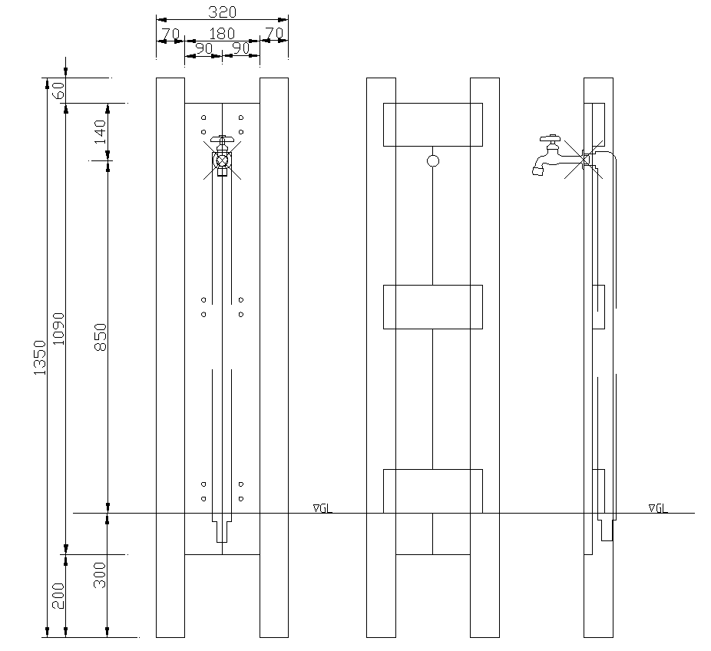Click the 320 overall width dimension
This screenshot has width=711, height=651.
click(222, 12)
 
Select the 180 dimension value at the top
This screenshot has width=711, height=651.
click(222, 34)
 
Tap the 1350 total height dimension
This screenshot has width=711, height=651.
click(41, 358)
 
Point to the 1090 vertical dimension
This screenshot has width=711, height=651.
click(58, 329)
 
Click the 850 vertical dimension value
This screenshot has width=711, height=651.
click(101, 337)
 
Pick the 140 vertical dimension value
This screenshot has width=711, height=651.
click(101, 132)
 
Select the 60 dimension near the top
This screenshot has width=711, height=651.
click(58, 91)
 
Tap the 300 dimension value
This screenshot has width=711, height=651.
click(101, 575)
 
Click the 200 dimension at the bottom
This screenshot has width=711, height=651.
click(58, 596)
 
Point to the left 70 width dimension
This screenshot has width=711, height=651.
click(170, 34)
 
